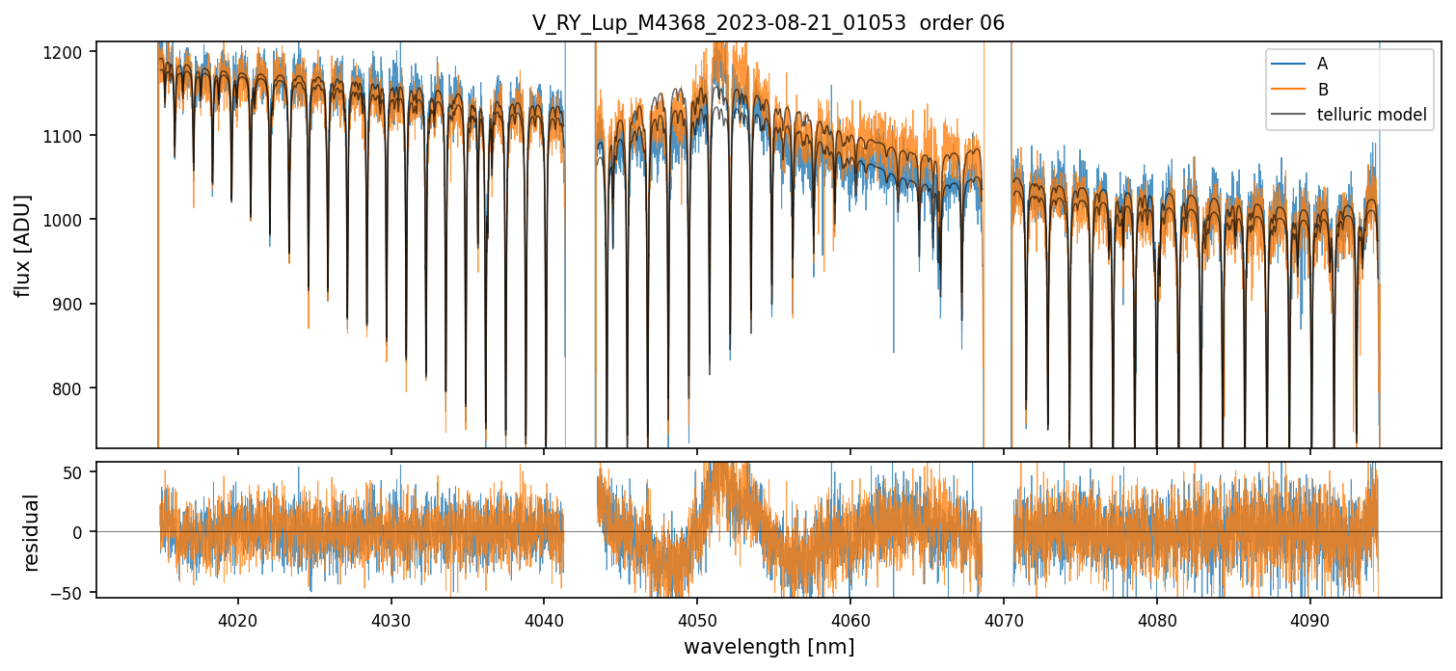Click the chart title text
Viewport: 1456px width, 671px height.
[768, 23]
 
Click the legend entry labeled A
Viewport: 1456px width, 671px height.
[1322, 64]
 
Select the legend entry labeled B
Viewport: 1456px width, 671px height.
[1322, 90]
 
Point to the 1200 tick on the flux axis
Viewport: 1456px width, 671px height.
[66, 51]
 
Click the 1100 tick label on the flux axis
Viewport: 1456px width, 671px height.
[66, 136]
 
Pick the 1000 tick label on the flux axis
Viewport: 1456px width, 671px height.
[66, 220]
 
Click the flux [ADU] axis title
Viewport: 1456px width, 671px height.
[23, 245]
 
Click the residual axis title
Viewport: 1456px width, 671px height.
[32, 532]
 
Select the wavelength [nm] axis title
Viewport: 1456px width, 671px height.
[768, 647]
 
